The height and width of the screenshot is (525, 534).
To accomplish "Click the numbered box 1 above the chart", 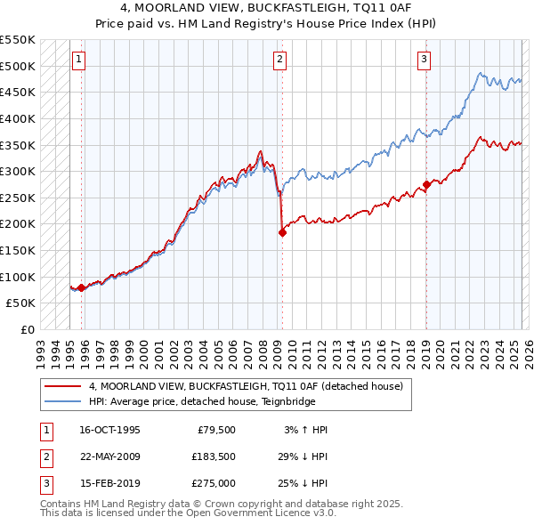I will (x=78, y=60).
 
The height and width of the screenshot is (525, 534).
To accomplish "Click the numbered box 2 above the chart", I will (x=279, y=60).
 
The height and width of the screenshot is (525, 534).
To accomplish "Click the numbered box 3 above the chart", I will (x=424, y=60).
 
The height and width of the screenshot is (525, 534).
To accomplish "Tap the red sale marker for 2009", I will (x=282, y=232).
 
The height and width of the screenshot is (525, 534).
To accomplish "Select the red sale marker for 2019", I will (x=426, y=184).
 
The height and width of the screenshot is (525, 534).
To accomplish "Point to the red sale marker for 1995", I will (x=82, y=287).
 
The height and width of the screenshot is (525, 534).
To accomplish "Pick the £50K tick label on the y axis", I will (x=21, y=303).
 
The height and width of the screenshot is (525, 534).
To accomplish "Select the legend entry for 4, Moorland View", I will (x=246, y=386).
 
